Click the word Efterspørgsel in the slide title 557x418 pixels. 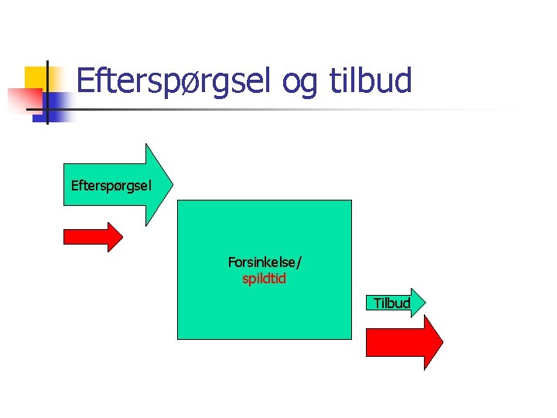pos(173,81)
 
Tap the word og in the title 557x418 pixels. pos(299,82)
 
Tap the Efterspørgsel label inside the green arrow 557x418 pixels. pos(111,186)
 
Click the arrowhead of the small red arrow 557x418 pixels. pos(115,237)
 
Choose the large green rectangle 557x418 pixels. pos(265,232)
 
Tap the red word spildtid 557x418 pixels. pos(265,279)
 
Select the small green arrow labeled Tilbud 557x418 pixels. pos(395,303)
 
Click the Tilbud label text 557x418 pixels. pos(391,303)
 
